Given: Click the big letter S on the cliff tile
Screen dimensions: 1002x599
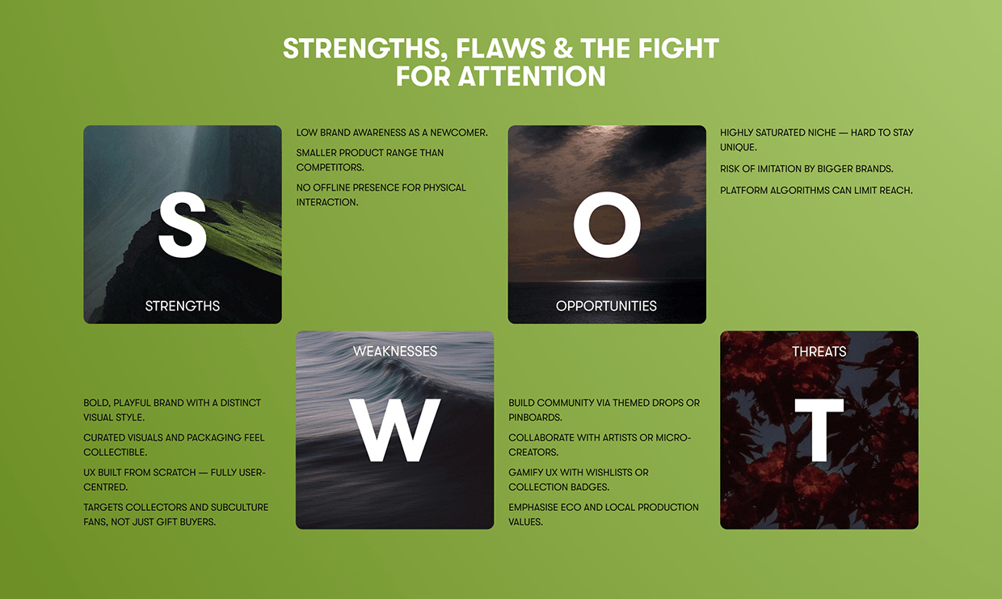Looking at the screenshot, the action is (x=183, y=225).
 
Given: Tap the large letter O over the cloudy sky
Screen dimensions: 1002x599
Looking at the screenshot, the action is (x=607, y=225).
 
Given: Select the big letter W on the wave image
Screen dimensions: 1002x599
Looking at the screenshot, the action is (x=394, y=430).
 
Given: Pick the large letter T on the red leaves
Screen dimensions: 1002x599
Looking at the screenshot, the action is (x=819, y=430).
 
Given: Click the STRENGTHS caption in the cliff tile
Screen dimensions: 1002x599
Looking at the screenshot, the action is (x=183, y=306).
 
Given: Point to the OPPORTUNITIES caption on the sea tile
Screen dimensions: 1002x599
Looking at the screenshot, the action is (x=606, y=306).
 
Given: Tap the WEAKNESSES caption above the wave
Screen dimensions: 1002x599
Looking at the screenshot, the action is (x=395, y=351).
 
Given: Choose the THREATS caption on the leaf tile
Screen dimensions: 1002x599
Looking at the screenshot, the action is (x=819, y=352).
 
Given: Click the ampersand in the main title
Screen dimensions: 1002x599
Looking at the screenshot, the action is (x=562, y=48).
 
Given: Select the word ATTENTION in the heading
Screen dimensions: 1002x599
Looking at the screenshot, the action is (x=532, y=76).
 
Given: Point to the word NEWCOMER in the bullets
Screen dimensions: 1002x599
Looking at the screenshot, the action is (x=459, y=133).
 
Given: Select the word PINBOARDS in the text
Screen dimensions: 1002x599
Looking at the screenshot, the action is (x=536, y=417).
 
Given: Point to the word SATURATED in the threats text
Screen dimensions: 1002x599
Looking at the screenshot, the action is (x=780, y=133).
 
